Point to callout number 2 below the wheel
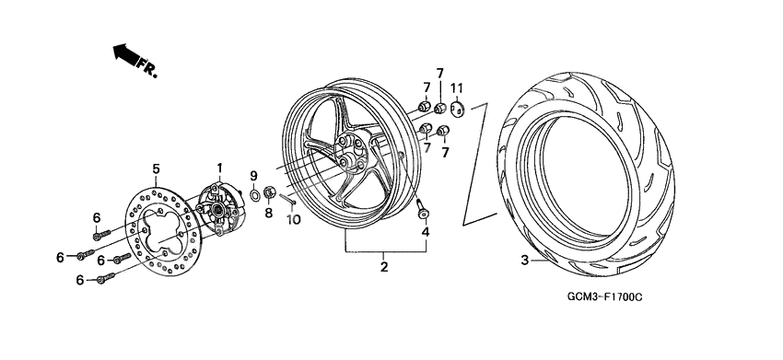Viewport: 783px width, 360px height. point(384,267)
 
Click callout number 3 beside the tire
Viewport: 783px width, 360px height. point(524,261)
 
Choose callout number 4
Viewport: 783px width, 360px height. point(425,232)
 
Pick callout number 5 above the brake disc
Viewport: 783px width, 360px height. point(156,168)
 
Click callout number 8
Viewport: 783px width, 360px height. point(269,213)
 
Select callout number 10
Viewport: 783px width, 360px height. point(294,219)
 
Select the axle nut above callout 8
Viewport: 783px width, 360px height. point(270,192)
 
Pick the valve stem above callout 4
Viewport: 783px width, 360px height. point(424,213)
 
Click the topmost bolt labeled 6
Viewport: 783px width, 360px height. point(105,233)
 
